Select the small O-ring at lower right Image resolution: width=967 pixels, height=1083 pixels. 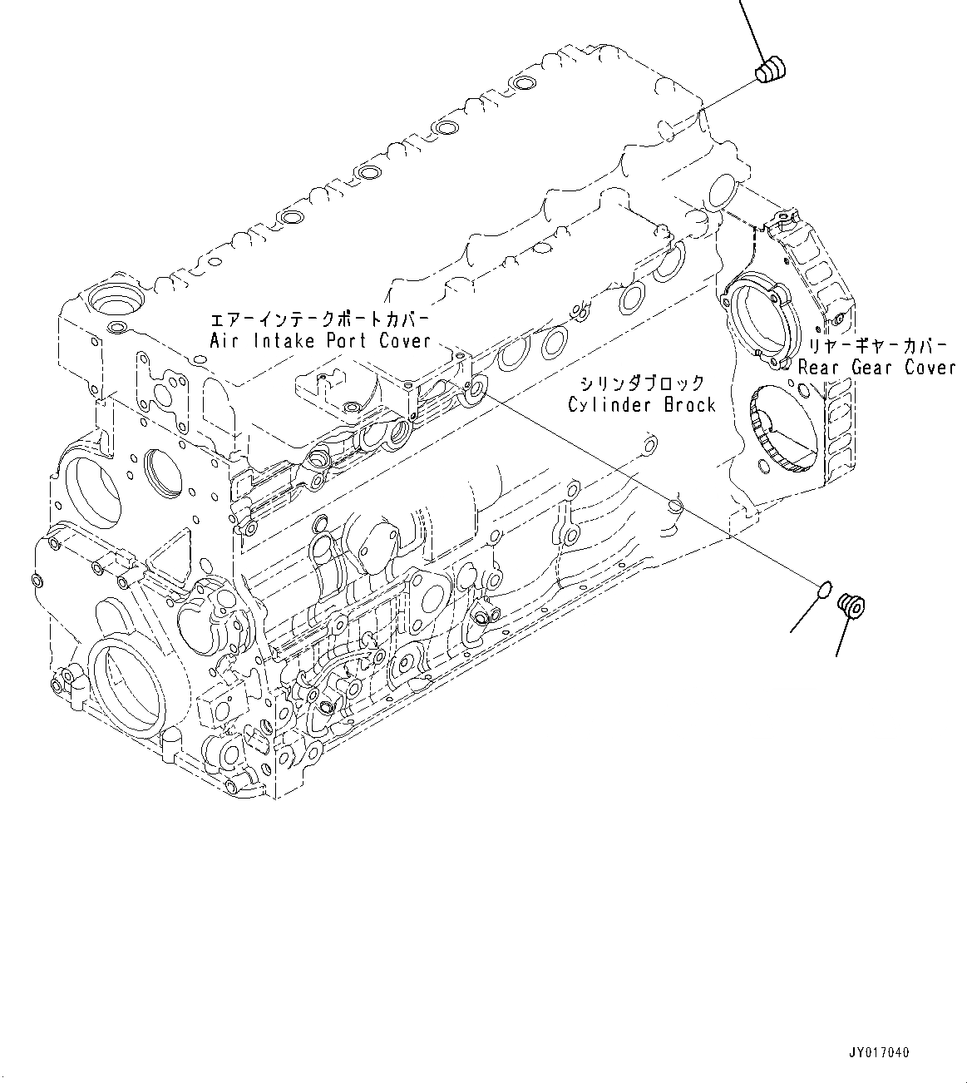click(823, 590)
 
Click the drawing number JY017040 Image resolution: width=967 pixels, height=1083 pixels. click(879, 1053)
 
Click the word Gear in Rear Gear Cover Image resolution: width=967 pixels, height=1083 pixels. click(876, 367)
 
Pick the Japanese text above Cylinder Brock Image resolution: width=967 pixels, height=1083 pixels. click(642, 383)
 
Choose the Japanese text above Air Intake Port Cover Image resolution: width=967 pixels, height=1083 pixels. click(319, 319)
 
